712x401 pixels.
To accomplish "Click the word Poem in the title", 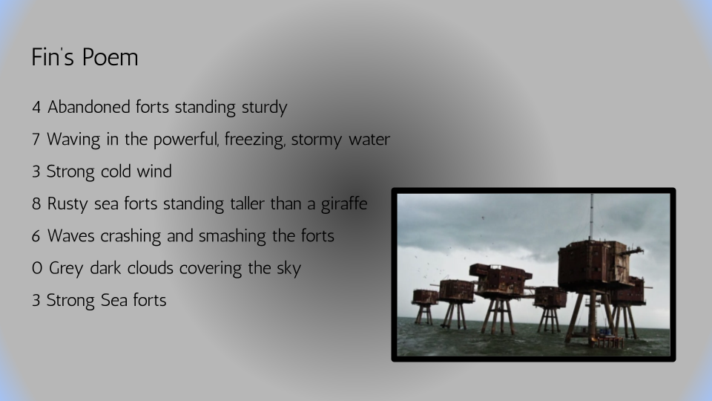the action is click(111, 57).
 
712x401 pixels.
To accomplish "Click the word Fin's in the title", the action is click(53, 57).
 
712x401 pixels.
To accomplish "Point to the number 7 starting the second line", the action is click(36, 140).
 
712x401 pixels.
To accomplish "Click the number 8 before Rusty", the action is click(36, 204).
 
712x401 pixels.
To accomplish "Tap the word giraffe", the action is click(344, 204).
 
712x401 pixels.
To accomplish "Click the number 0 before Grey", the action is click(37, 269).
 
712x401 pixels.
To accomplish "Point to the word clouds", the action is click(150, 268).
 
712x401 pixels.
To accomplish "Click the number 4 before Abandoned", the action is click(36, 107).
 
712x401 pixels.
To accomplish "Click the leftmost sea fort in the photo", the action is click(424, 307).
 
